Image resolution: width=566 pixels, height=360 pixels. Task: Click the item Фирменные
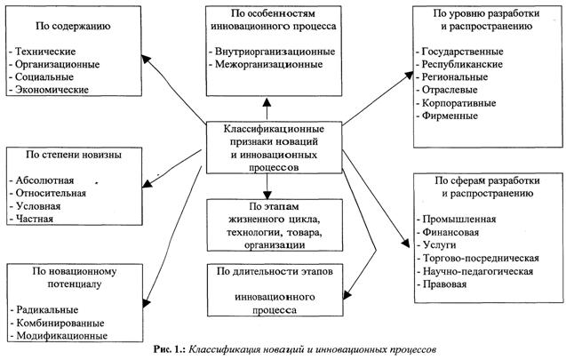[x=450, y=117]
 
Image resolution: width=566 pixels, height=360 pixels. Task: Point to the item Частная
[x=35, y=218]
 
